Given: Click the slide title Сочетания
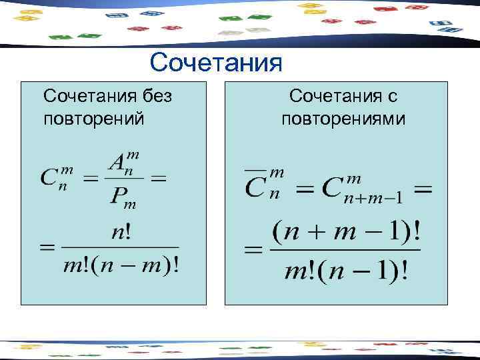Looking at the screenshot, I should tap(217, 63).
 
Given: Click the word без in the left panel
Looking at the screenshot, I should tap(153, 96).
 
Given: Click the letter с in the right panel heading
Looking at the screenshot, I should tap(392, 97).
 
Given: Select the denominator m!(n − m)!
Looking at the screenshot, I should tap(121, 266).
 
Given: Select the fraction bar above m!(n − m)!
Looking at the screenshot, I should tap(121, 248).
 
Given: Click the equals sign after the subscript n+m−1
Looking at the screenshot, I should tap(423, 189).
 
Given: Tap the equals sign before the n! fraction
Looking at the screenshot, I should tap(47, 248).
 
